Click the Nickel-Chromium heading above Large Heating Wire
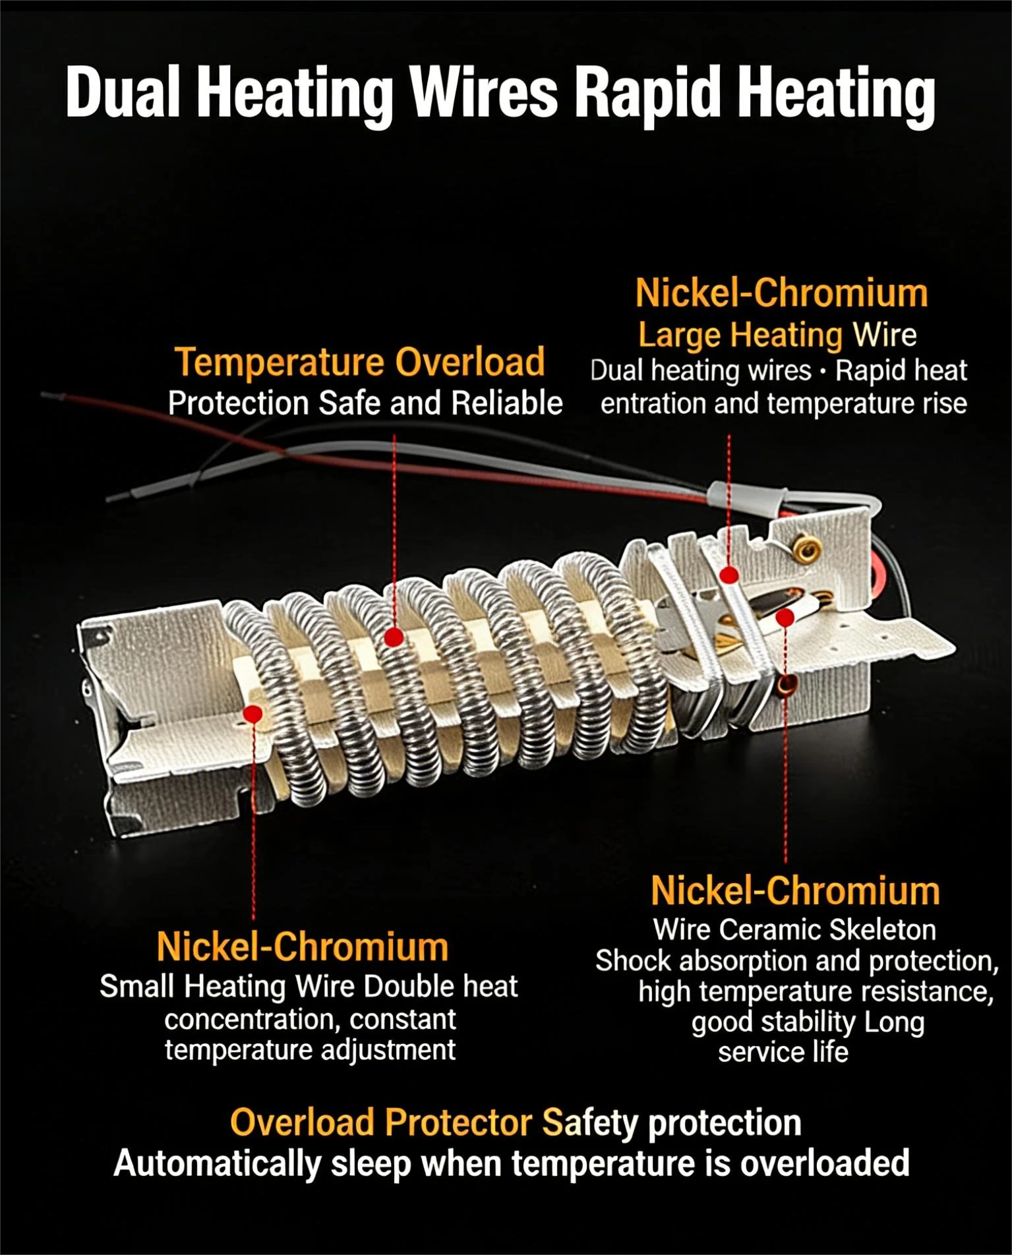pos(781,293)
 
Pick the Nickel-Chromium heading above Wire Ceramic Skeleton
pos(795,891)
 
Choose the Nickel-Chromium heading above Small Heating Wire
pos(303,947)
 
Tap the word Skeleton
pos(882,929)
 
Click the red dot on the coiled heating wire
pos(394,637)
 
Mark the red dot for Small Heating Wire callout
pos(253,714)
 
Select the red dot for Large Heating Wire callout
pos(729,575)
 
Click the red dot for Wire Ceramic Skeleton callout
pos(785,618)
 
